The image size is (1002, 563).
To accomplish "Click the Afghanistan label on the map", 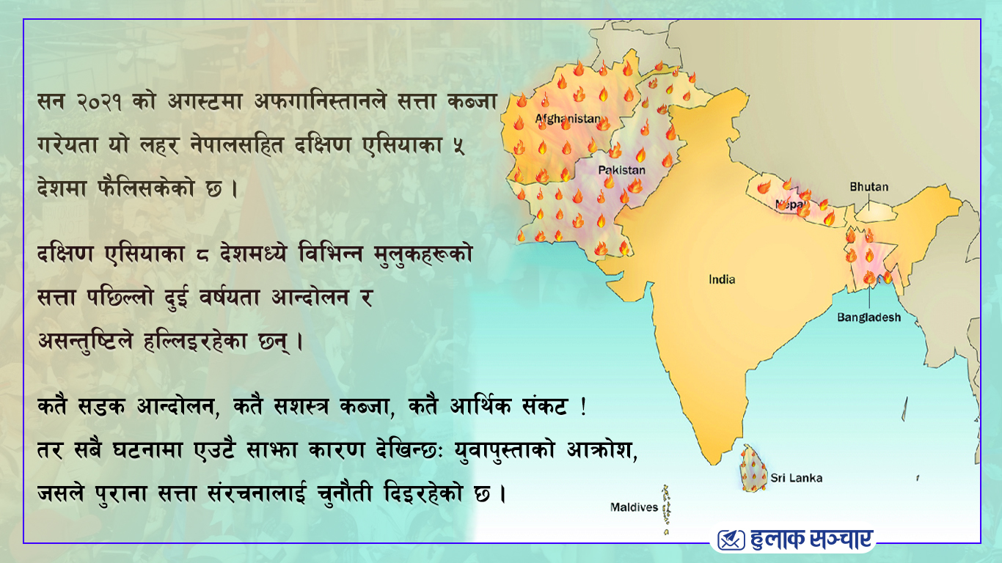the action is click(568, 119).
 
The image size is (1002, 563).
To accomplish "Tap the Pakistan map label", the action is click(622, 170).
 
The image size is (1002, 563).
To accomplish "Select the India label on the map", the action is click(722, 279).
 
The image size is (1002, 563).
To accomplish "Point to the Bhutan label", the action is click(869, 187).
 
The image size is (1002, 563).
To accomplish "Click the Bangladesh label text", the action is click(869, 317).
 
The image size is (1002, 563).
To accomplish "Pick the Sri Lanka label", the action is click(796, 478).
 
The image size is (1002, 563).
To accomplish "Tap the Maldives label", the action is click(634, 507).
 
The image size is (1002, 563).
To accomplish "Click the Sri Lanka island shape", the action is click(753, 468).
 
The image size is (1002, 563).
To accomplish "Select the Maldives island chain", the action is click(667, 509).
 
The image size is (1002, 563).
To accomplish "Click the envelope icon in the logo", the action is click(731, 540).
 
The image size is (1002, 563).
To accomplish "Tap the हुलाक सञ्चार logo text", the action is click(812, 540).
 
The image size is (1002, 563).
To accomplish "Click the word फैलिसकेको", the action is click(146, 188).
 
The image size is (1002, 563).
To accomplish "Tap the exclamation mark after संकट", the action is click(583, 406).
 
